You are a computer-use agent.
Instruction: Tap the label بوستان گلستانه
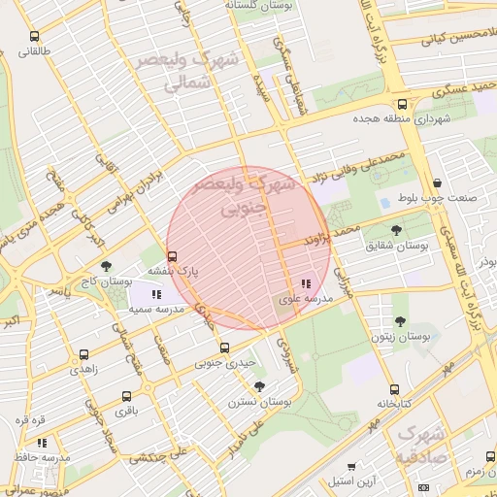pos(259,6)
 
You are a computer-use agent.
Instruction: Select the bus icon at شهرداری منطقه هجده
pos(402,104)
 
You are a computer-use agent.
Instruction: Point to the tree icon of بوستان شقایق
pos(397,230)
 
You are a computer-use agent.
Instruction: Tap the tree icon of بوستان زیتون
pos(400,321)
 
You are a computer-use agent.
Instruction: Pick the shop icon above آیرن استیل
pos(351,466)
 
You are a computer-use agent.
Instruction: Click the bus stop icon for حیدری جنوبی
pos(224,348)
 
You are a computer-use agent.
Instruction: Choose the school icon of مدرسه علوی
pos(306,284)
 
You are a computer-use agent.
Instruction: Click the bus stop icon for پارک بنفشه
pos(172,257)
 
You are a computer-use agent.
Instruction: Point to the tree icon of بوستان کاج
pos(106,265)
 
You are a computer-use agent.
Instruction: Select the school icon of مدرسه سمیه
pos(156,293)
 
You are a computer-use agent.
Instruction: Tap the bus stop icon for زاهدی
pos(83,355)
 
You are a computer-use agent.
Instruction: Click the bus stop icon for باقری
pos(126,396)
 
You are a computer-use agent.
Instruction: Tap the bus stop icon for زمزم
pos(486,455)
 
